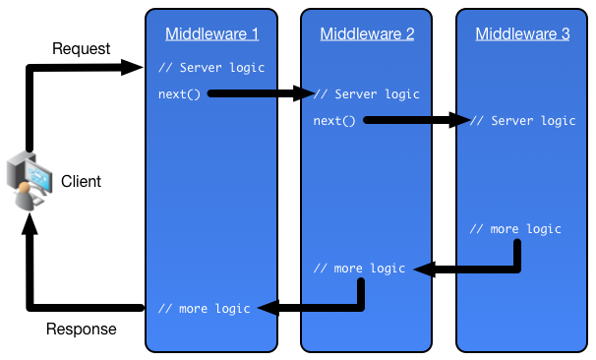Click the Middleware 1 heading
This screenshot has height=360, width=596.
pyautogui.click(x=211, y=34)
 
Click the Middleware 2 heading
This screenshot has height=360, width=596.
pyautogui.click(x=367, y=34)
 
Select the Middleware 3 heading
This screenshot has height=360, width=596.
pyautogui.click(x=522, y=34)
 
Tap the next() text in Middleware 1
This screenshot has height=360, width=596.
pyautogui.click(x=178, y=94)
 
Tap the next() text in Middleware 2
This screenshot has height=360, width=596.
pyautogui.click(x=334, y=121)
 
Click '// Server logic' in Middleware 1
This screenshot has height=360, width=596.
pyautogui.click(x=211, y=68)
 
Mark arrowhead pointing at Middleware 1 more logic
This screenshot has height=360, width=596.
pyautogui.click(x=264, y=309)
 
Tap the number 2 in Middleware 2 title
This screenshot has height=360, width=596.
pyautogui.click(x=409, y=34)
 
